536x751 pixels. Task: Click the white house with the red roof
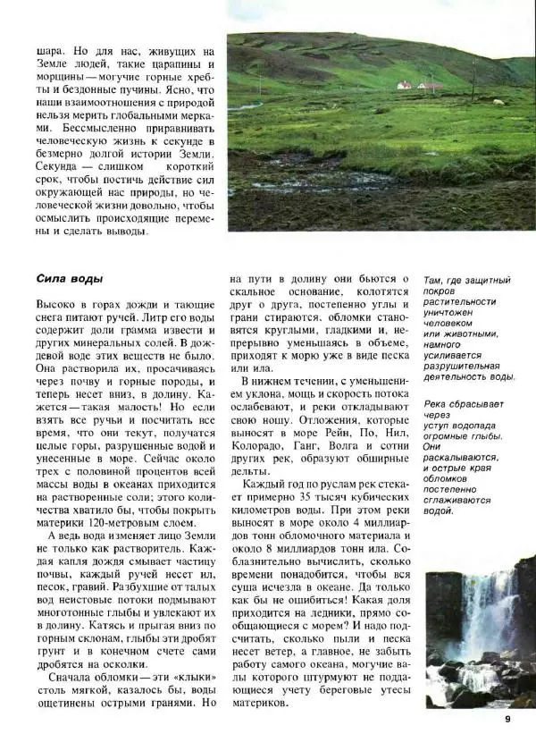404,85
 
